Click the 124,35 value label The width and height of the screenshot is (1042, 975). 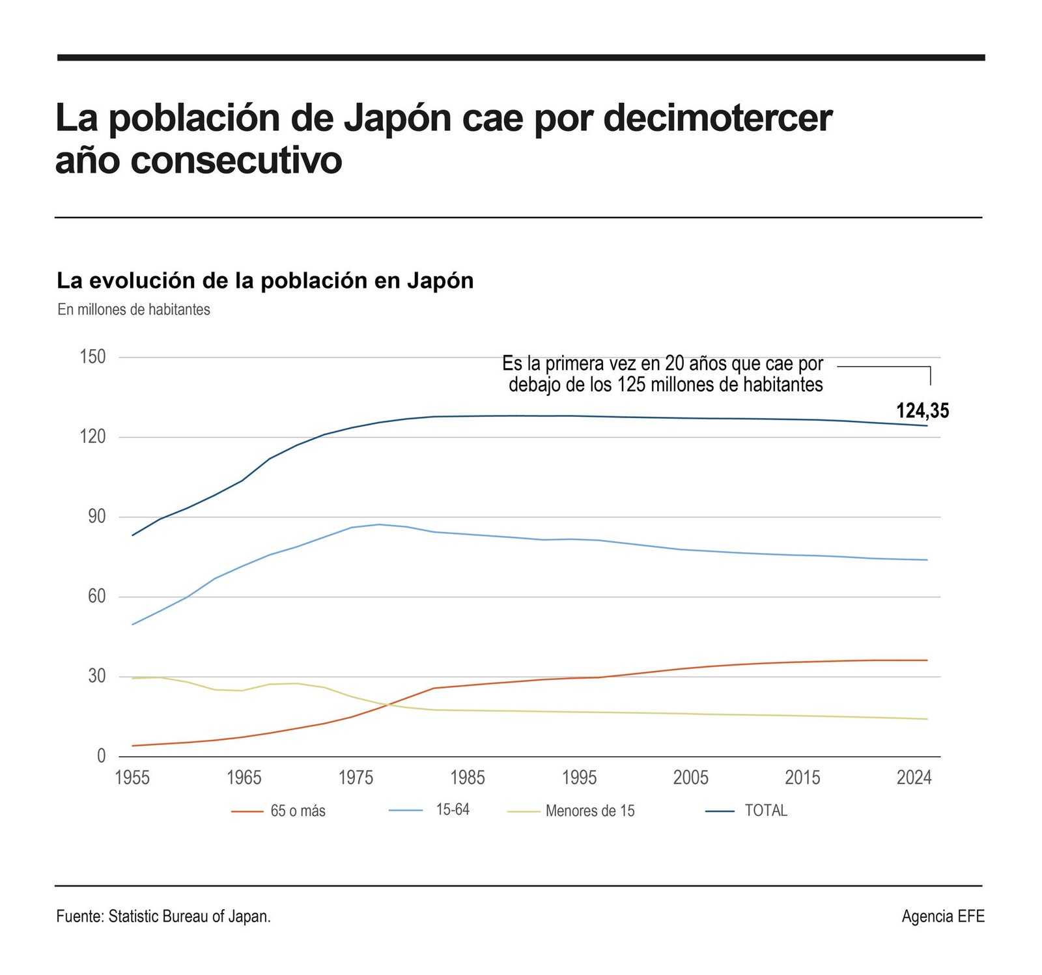922,411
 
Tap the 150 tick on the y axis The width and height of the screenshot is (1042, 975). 92,357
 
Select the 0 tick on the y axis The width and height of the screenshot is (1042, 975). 101,756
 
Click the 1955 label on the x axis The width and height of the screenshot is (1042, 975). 132,778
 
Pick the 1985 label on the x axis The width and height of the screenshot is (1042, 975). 468,778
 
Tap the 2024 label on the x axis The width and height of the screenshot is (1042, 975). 914,778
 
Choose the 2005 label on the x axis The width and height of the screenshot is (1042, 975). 691,778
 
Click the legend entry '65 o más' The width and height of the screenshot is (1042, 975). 298,811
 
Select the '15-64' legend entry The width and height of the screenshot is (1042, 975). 453,810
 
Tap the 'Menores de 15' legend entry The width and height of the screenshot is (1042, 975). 590,811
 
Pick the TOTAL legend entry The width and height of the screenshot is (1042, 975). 766,810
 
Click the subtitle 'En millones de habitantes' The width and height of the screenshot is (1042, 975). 134,309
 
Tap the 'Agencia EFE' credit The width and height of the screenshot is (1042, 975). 943,916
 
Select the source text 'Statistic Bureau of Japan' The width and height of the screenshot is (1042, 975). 189,916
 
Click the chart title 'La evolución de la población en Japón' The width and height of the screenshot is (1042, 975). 265,281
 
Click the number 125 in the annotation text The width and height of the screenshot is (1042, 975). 631,384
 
